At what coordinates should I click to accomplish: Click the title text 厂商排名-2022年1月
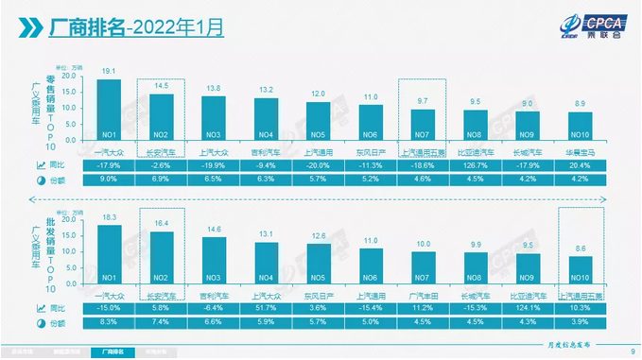[137, 27]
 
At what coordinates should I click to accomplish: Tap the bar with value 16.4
[162, 256]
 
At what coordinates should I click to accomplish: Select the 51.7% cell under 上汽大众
[266, 308]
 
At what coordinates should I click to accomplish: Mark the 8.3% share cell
[109, 323]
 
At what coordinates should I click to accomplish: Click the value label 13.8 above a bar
[214, 87]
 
